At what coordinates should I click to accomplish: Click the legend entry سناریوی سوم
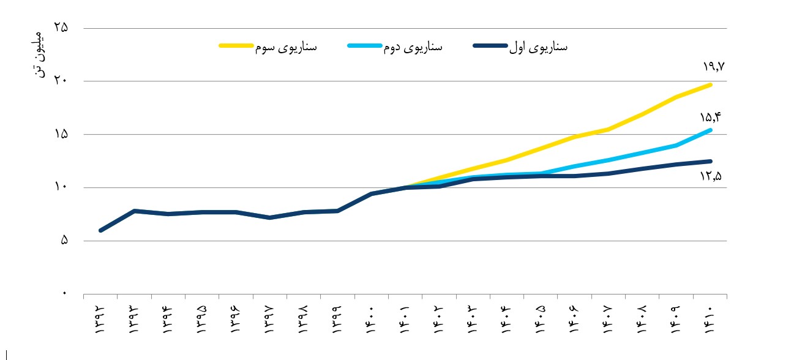[x=268, y=47]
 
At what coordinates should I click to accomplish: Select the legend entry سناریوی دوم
[x=395, y=47]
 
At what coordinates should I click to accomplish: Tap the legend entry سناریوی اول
[x=520, y=47]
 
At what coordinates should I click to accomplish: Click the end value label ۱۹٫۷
[x=714, y=67]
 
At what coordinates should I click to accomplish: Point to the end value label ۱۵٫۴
[x=711, y=118]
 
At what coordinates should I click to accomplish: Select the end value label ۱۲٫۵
[x=711, y=176]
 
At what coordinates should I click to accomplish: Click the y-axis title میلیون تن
[x=39, y=54]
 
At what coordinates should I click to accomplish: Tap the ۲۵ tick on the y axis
[x=61, y=28]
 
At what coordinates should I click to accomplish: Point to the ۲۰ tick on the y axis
[x=61, y=81]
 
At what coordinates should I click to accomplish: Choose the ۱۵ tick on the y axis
[x=61, y=134]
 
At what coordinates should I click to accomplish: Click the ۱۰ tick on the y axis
[x=61, y=187]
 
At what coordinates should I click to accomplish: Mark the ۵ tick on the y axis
[x=64, y=241]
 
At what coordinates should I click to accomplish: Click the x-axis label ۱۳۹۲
[x=100, y=320]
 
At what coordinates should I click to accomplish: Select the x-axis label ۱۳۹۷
[x=270, y=320]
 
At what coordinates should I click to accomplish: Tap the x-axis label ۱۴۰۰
[x=370, y=320]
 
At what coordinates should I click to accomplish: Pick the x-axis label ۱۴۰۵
[x=540, y=320]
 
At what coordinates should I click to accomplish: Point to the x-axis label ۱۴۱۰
[x=710, y=320]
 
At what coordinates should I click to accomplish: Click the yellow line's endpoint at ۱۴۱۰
[x=710, y=85]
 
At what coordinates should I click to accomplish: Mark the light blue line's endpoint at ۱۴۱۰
[x=710, y=130]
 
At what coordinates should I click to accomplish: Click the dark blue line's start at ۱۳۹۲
[x=100, y=230]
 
